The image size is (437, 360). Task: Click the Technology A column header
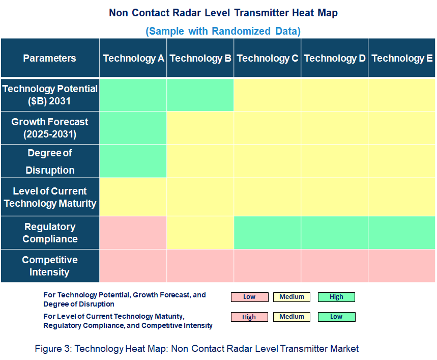[x=133, y=58]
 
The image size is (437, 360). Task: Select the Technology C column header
[x=268, y=58]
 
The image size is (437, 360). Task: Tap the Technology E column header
[x=402, y=58]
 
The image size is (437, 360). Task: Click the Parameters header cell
[x=49, y=58]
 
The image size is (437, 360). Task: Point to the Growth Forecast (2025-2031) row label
[x=49, y=128]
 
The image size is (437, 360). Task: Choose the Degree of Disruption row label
[x=49, y=161]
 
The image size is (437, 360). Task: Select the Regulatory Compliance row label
[x=49, y=233]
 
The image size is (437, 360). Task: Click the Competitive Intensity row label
[x=49, y=266]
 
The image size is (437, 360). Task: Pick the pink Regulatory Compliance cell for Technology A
[x=133, y=233]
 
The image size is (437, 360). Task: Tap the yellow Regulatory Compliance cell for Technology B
[x=200, y=233]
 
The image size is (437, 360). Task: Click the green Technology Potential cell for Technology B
[x=200, y=95]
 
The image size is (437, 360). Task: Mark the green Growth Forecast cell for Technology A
[x=133, y=128]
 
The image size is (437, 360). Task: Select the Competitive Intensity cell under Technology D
[x=335, y=266]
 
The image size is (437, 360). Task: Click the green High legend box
[x=336, y=297]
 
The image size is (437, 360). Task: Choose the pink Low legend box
[x=249, y=297]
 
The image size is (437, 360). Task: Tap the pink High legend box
[x=249, y=317]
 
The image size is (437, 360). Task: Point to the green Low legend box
[x=336, y=317]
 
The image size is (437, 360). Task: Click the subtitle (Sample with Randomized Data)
[x=223, y=31]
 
